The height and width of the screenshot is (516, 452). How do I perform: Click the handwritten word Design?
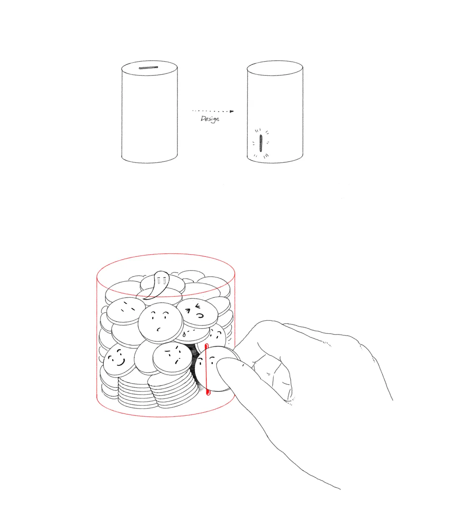210,119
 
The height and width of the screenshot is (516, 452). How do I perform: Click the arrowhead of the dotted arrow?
232,111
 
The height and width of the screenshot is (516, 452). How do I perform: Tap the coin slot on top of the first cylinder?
149,68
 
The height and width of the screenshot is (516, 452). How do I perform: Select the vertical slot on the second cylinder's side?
261,143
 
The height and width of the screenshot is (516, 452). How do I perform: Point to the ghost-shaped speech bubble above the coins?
157,285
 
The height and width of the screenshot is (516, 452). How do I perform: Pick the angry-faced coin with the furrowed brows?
172,358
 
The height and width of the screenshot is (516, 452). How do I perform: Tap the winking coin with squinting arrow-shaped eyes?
197,313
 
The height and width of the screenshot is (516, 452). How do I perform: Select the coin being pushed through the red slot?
215,369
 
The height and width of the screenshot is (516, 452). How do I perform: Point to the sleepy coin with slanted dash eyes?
126,310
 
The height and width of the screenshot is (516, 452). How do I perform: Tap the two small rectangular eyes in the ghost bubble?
161,281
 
